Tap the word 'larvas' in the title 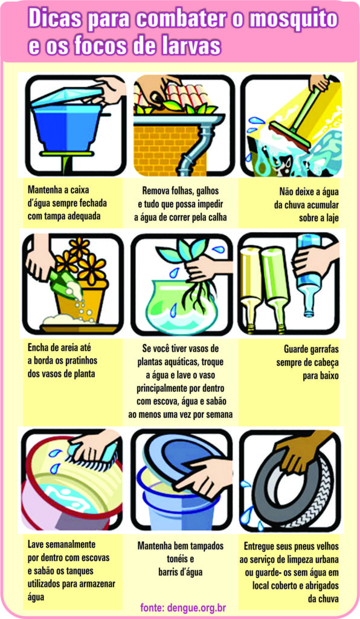[x=187, y=46]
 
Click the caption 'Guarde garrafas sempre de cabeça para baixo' [x=307, y=362]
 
